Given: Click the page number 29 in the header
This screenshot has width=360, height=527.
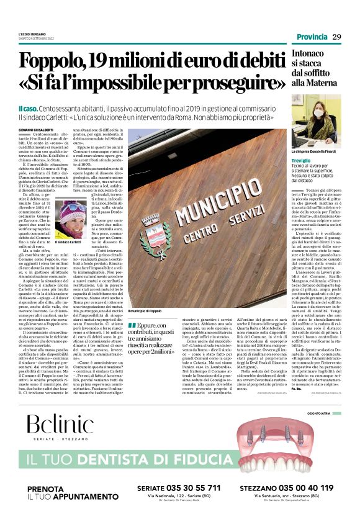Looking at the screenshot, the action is (x=337, y=37).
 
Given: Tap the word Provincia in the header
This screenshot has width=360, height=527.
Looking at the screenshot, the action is (x=309, y=37).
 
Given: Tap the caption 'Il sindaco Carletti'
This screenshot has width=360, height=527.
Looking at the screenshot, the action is (x=71, y=241).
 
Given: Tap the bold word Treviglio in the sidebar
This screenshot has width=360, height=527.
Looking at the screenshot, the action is (x=302, y=161).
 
